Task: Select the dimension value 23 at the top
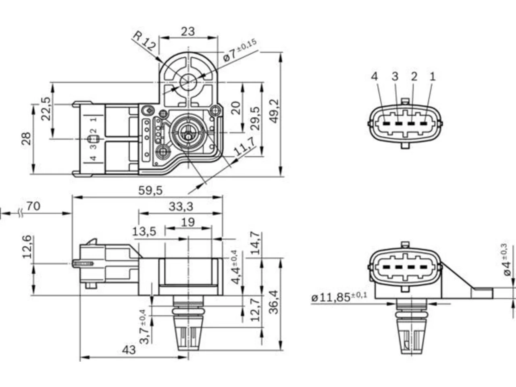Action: [188, 31]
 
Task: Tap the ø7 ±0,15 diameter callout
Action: [240, 50]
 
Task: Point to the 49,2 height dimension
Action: [274, 111]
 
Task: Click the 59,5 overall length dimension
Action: [150, 190]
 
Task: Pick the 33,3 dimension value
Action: [181, 206]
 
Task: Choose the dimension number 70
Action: [33, 206]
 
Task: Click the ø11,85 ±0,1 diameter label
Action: [339, 297]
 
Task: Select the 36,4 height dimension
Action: [273, 302]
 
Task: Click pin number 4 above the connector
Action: [375, 77]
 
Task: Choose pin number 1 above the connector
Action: [433, 77]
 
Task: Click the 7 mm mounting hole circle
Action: [188, 82]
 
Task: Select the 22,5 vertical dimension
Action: [46, 109]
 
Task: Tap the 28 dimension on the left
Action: [26, 139]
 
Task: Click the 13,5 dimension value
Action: [144, 231]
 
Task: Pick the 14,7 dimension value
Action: [255, 243]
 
